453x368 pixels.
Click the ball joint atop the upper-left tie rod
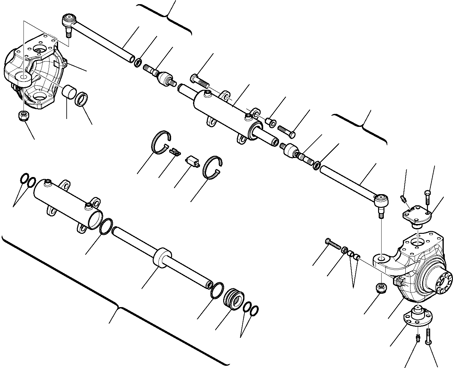click(67, 20)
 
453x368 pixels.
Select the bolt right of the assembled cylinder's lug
click(287, 131)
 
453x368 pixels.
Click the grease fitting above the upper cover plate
click(403, 200)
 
